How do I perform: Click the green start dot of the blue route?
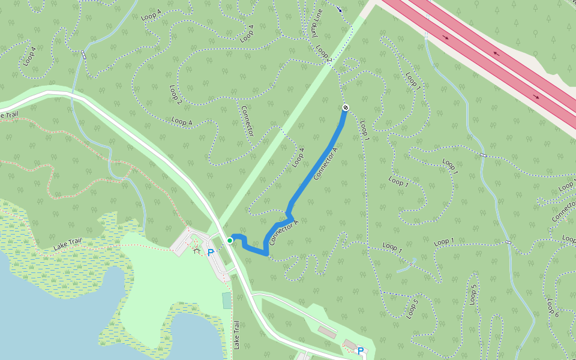[x=230, y=241]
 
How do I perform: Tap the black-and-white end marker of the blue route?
[x=346, y=107]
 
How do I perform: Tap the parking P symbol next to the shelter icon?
[x=211, y=253]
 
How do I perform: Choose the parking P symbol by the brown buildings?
[x=361, y=351]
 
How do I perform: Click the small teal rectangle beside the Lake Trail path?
[x=226, y=301]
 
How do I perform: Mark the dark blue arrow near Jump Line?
[x=340, y=10]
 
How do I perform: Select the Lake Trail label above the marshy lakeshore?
[x=67, y=245]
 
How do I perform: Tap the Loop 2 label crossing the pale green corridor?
[x=323, y=55]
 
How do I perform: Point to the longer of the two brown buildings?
[x=328, y=331]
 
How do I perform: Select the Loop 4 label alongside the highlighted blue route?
[x=298, y=157]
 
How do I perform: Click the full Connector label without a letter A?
[x=247, y=120]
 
